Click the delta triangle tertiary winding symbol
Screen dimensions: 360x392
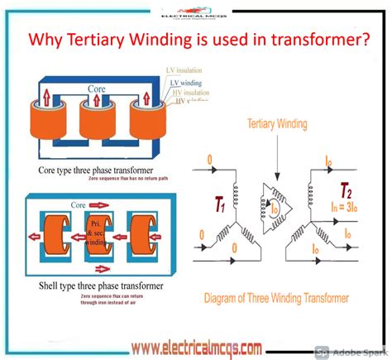(277, 199)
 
